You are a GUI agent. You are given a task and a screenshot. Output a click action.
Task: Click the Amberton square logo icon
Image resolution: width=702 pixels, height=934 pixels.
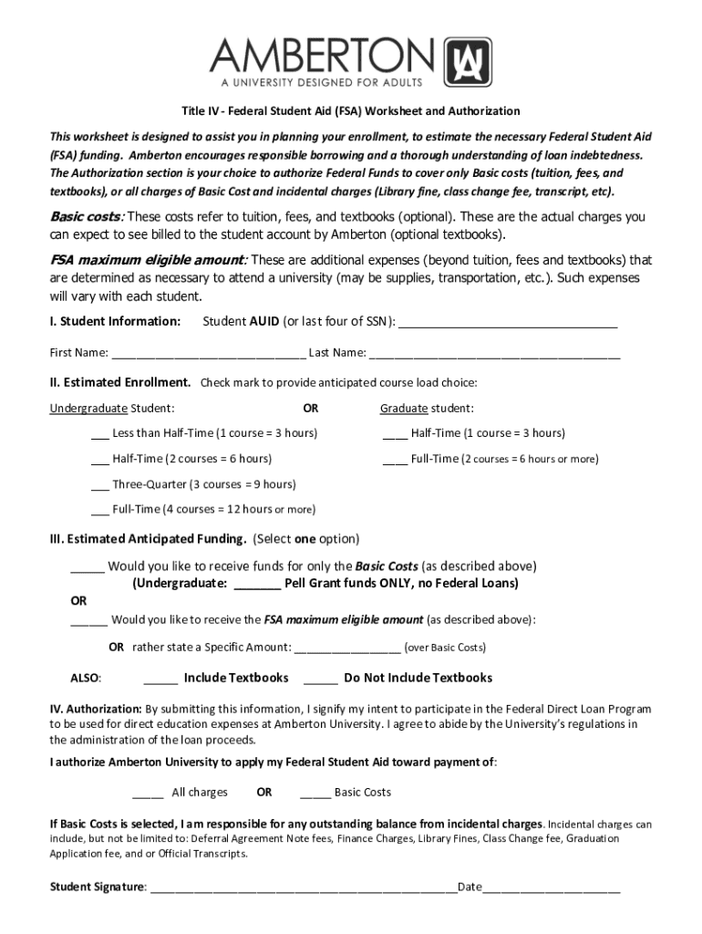pos(467,61)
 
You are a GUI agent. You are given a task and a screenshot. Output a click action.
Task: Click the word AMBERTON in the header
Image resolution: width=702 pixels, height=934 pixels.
pos(323,57)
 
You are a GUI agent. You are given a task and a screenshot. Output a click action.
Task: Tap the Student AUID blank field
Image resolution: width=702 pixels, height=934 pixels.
pos(508,322)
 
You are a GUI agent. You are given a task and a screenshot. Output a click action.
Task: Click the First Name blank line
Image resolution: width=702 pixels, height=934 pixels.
pos(208,353)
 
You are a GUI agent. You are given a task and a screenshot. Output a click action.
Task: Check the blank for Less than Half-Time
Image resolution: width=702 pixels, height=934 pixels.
pos(100,433)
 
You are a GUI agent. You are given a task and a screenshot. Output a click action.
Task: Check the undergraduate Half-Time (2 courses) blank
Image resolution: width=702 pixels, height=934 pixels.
pos(100,459)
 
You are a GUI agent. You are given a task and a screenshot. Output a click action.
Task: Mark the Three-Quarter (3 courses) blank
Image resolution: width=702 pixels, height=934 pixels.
pos(100,484)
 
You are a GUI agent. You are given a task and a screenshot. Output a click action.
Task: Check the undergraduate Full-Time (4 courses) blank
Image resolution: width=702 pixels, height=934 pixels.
pos(100,510)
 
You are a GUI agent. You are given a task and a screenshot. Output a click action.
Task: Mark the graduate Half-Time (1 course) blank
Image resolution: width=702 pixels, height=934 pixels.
pos(395,433)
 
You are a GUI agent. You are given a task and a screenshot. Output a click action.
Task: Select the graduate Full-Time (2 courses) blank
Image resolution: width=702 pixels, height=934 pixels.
pos(395,459)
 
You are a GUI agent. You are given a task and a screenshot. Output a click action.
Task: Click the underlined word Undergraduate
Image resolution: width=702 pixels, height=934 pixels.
pos(88,408)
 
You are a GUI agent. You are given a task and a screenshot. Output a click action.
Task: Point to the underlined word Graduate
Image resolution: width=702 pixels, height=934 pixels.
pos(404,408)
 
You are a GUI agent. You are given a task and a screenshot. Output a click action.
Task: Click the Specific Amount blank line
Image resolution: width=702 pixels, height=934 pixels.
pos(347,648)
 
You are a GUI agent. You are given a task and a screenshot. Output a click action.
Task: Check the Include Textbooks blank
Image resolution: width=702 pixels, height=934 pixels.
pos(160,679)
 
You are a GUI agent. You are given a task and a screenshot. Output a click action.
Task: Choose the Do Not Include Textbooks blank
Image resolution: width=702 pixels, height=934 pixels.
pos(321,679)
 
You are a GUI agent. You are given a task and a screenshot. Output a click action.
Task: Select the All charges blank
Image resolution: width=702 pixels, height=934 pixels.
pos(148,793)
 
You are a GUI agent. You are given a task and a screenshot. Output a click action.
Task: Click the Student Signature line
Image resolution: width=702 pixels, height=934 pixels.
pos(303,887)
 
